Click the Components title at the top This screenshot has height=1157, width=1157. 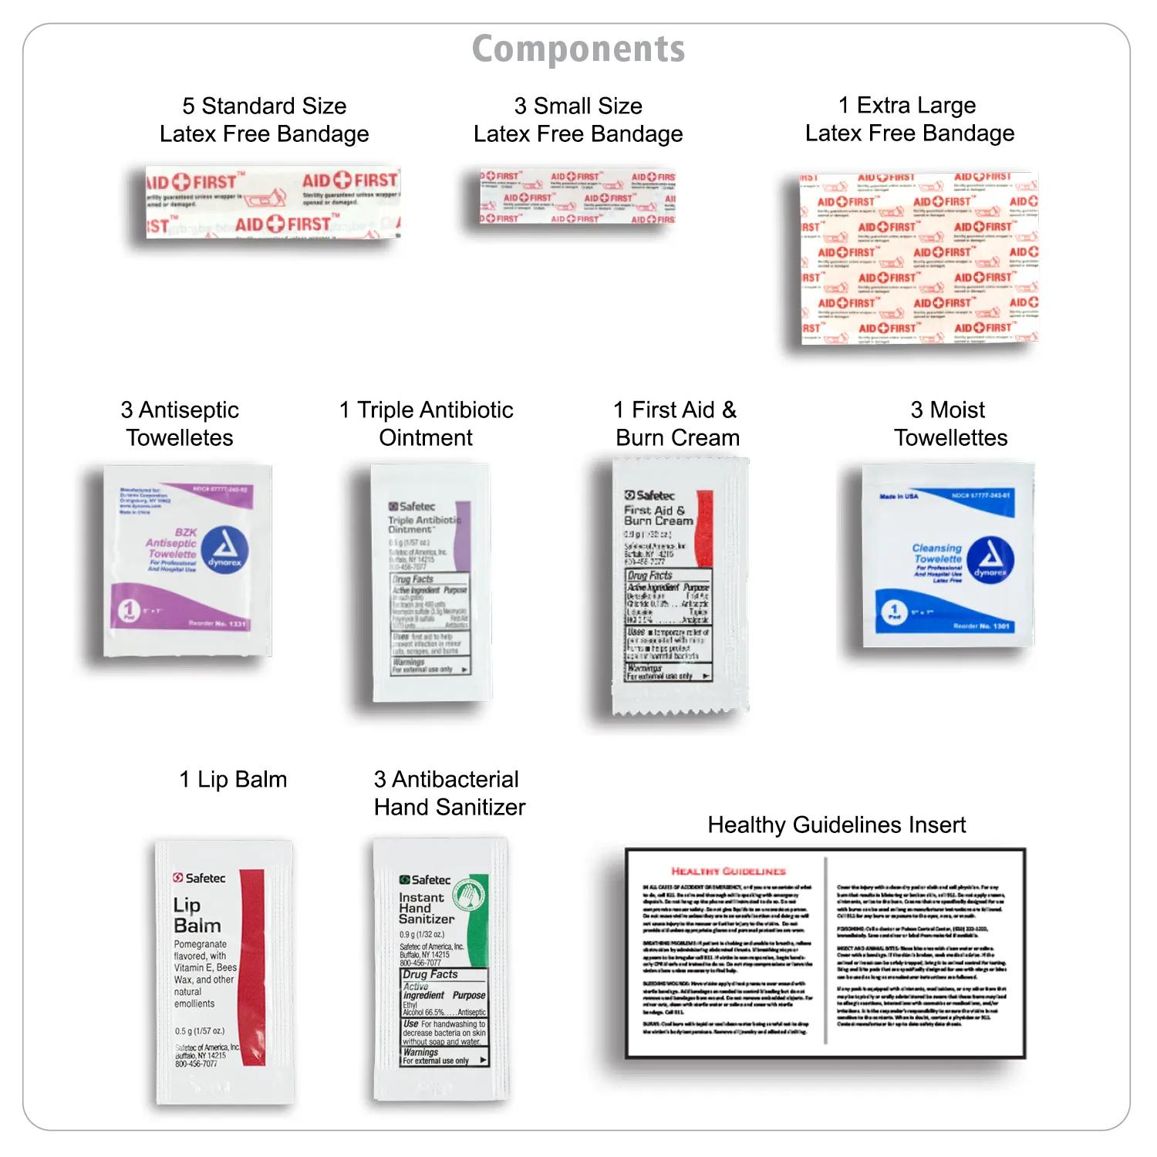point(578,49)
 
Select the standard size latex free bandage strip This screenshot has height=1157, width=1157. point(273,202)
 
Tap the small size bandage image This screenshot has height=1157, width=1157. point(577,197)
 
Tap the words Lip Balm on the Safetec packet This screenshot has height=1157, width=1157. point(197,915)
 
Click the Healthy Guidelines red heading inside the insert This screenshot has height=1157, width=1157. point(728,871)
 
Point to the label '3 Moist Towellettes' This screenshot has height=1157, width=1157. point(950,423)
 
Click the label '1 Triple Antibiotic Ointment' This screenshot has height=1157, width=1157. point(426,423)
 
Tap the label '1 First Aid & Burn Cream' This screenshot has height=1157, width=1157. point(676,423)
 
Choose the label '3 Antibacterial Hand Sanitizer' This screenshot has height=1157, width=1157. point(449,793)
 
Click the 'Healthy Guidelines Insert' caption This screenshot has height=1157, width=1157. point(836,825)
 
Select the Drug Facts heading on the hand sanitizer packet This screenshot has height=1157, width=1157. point(430,974)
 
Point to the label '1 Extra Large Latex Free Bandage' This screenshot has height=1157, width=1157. point(909,119)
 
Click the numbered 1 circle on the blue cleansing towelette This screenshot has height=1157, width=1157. point(894,612)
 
